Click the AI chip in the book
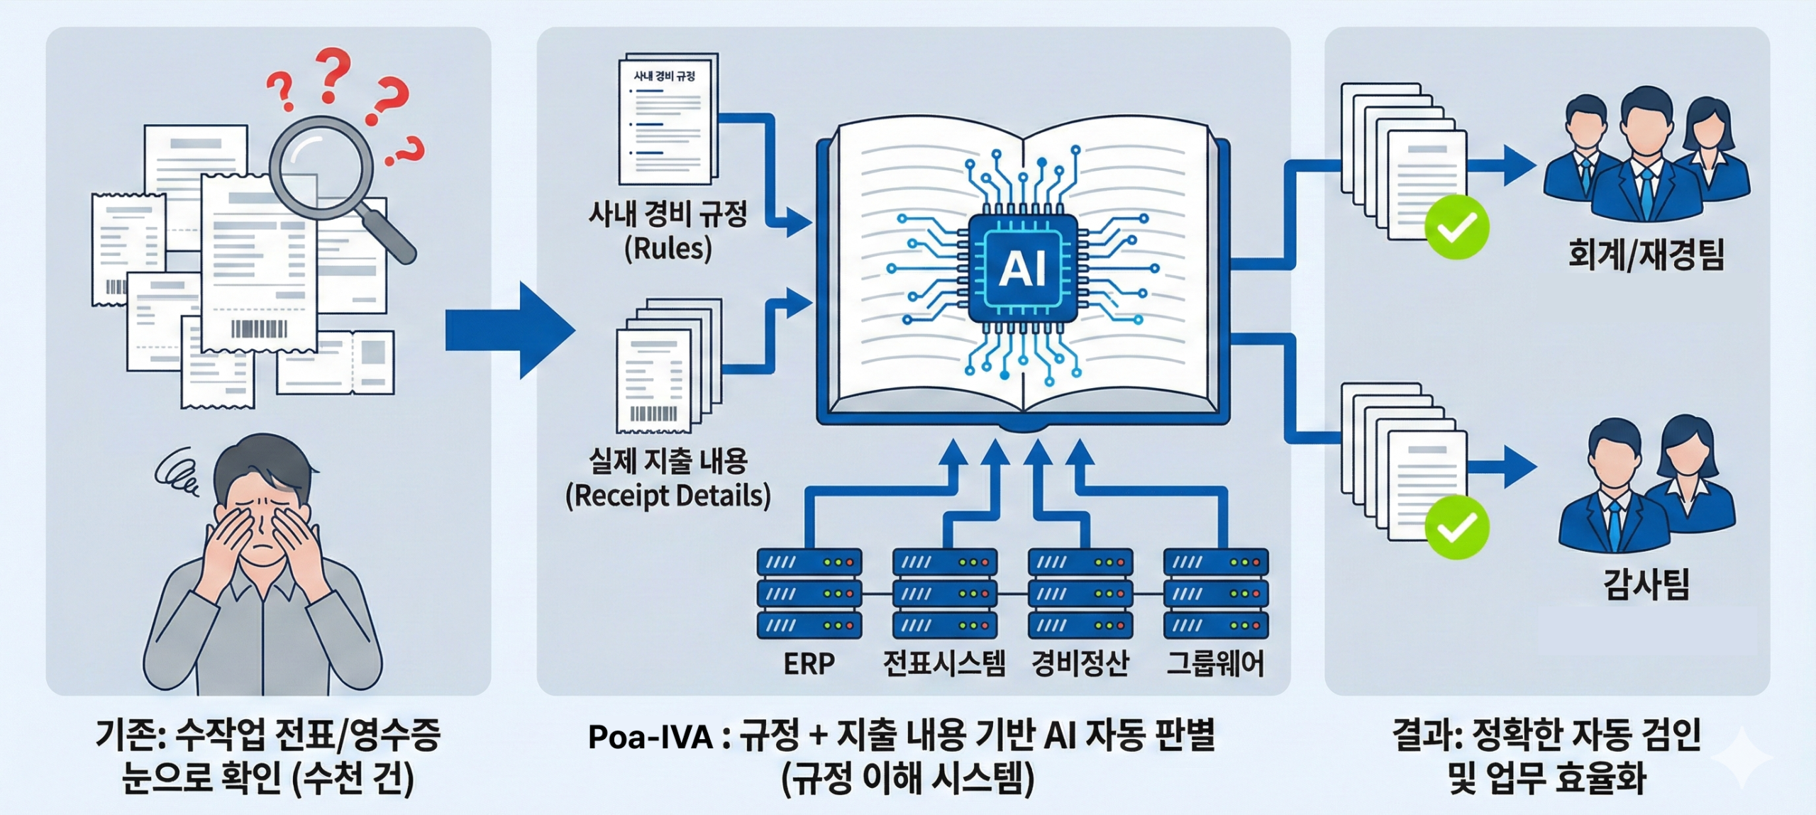point(1022,269)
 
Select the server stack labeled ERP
point(809,593)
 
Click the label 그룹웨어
point(1215,664)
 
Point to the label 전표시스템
point(944,664)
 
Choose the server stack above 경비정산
point(1080,593)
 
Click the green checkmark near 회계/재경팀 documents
point(1456,227)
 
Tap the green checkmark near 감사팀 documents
point(1456,527)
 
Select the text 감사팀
point(1646,585)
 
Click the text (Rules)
point(668,248)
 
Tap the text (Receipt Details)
point(668,495)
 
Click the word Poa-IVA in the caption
point(650,738)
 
